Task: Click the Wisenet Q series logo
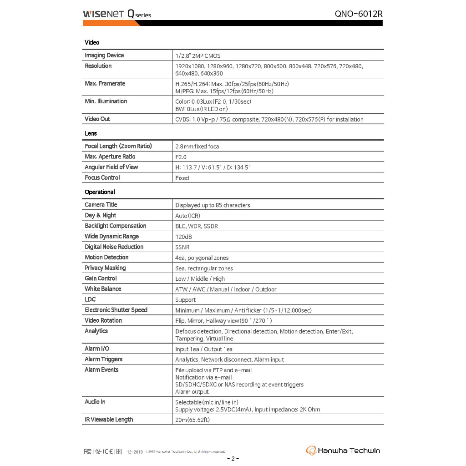coord(117,14)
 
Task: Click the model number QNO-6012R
coord(358,14)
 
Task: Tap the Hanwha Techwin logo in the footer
coord(343,451)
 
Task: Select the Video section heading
coord(92,42)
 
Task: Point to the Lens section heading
coord(91,133)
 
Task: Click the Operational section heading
coord(100,192)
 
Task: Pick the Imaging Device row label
coord(104,56)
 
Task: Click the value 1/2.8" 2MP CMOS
coord(198,56)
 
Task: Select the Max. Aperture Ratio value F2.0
coord(181,157)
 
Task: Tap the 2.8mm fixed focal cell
coord(198,147)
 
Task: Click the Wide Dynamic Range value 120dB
coord(184,237)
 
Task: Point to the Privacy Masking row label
coord(105,268)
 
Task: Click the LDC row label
coord(90,299)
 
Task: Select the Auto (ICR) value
coord(187,216)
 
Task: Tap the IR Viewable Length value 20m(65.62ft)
coord(192,420)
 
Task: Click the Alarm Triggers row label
coord(103,359)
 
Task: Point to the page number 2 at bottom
coord(233,458)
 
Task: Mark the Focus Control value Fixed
coord(182,178)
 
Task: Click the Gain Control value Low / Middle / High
coord(200,279)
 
